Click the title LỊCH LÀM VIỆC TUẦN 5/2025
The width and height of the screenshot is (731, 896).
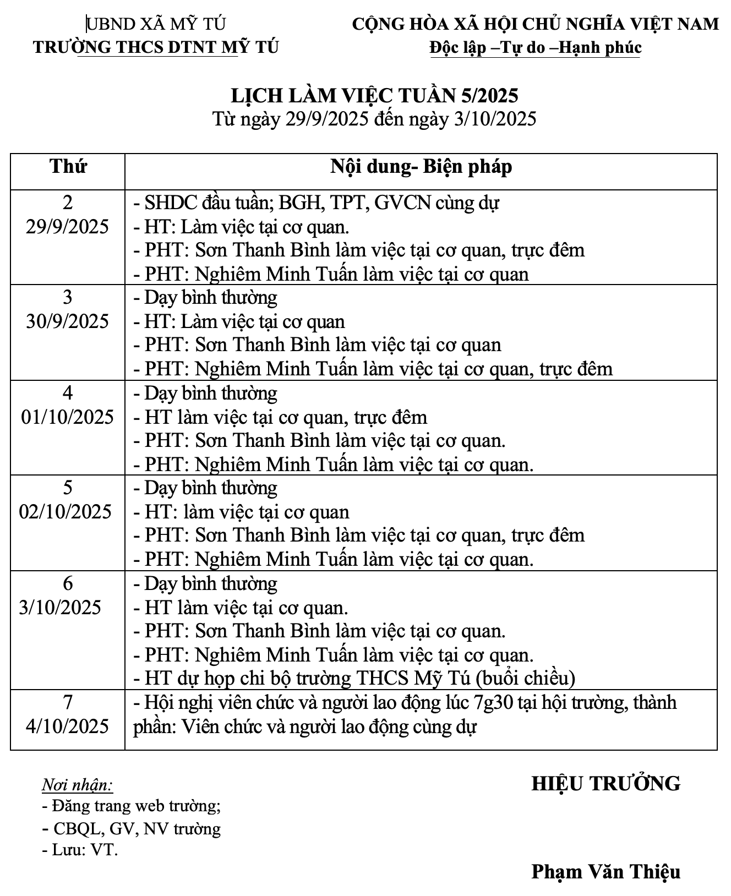pyautogui.click(x=374, y=96)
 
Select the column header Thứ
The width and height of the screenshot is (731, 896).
pyautogui.click(x=68, y=166)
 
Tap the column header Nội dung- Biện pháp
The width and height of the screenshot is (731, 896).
pyautogui.click(x=421, y=166)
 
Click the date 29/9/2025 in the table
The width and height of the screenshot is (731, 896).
pyautogui.click(x=68, y=227)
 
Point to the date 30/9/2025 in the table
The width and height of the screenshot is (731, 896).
pyautogui.click(x=68, y=321)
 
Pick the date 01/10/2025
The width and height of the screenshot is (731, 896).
pyautogui.click(x=68, y=417)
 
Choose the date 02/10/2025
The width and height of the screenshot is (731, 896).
pyautogui.click(x=66, y=512)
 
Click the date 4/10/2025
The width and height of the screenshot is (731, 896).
pyautogui.click(x=68, y=726)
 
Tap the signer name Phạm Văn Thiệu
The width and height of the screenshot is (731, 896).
pyautogui.click(x=605, y=871)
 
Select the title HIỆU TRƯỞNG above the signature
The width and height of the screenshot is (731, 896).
pyautogui.click(x=605, y=783)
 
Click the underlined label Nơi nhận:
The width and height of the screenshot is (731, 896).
pyautogui.click(x=77, y=785)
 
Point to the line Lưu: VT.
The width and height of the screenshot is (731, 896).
pyautogui.click(x=81, y=850)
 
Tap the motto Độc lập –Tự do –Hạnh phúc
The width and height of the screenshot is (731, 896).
pyautogui.click(x=536, y=48)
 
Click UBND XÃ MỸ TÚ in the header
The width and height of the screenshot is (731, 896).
pyautogui.click(x=156, y=24)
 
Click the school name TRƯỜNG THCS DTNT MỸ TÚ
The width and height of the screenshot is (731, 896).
pyautogui.click(x=156, y=47)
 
